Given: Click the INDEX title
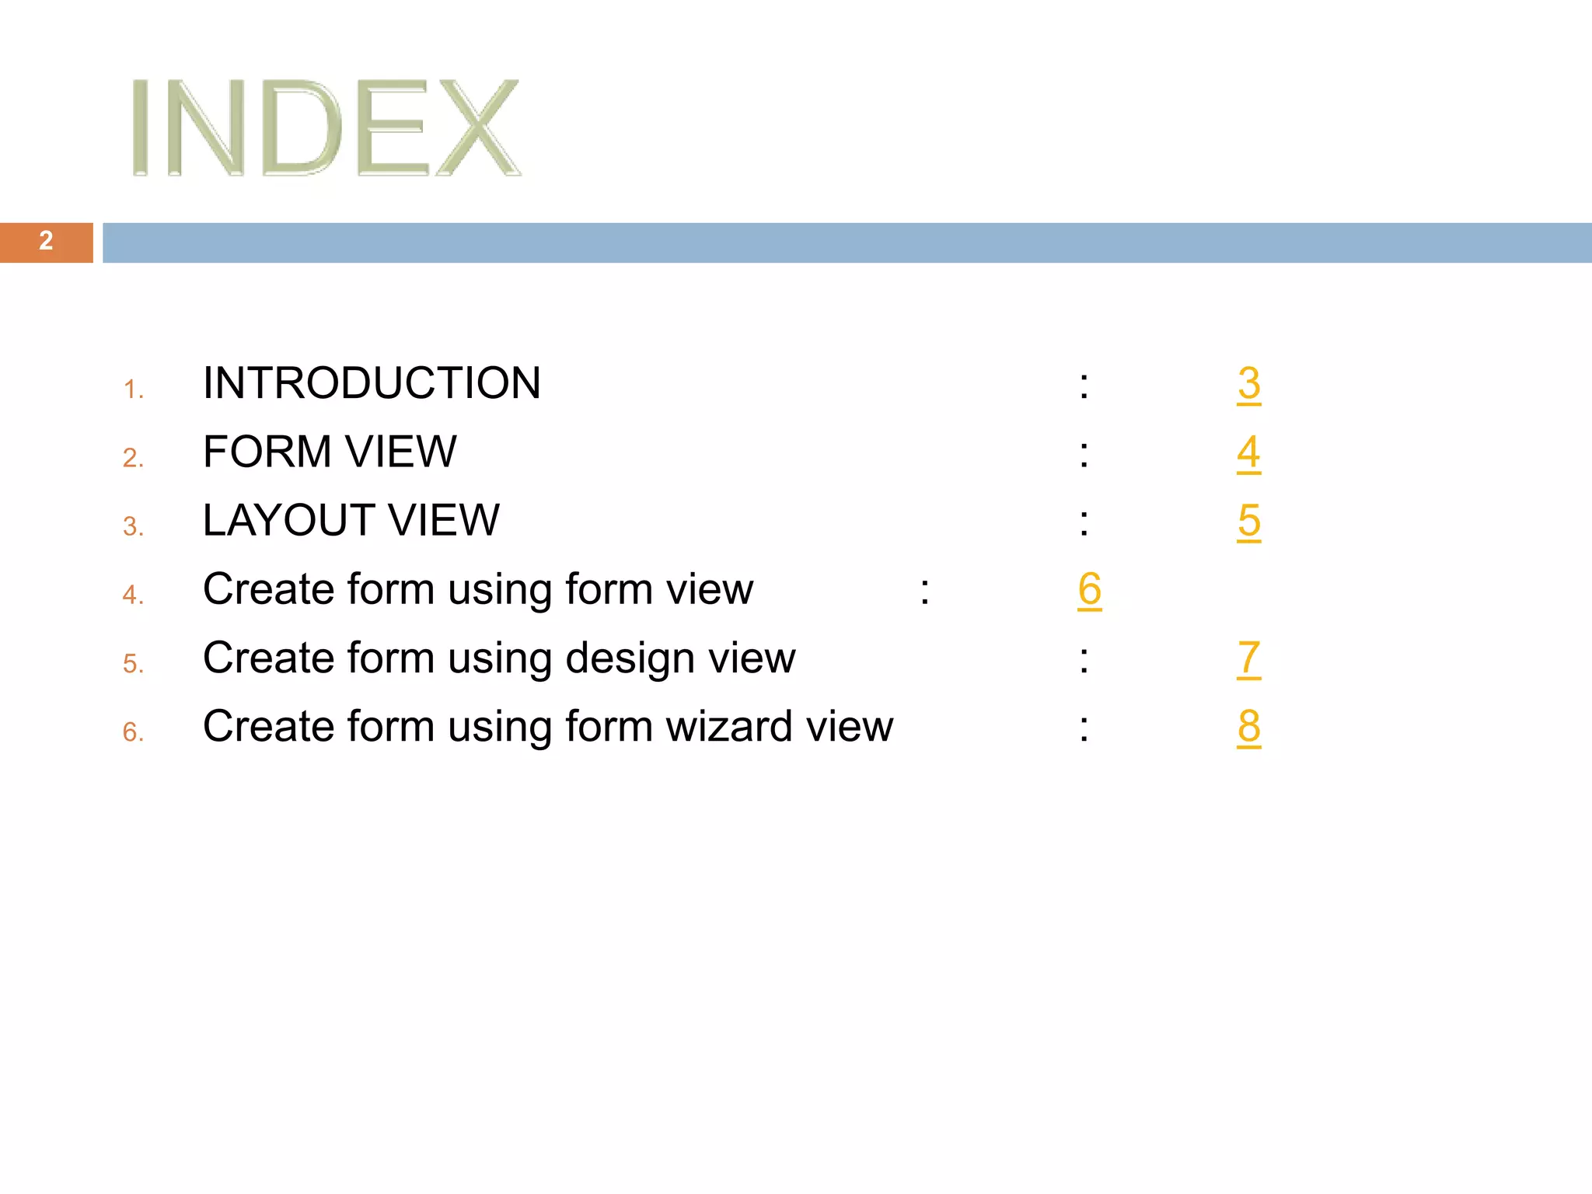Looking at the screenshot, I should [x=325, y=127].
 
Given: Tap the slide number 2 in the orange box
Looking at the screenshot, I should [x=46, y=241].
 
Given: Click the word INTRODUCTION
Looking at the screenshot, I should [x=372, y=383].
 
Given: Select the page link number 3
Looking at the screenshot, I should [x=1248, y=384].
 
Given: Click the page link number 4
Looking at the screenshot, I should [x=1248, y=452].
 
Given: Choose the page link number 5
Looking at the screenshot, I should [x=1248, y=521].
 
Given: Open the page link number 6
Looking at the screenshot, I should [x=1089, y=589].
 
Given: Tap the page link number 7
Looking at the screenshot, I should [x=1248, y=658].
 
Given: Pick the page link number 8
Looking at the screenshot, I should [x=1248, y=727].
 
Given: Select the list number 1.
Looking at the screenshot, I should [x=133, y=389].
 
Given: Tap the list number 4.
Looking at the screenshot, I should [x=133, y=595].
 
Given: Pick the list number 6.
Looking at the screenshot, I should [x=133, y=732].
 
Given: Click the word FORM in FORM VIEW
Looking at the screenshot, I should [x=267, y=452].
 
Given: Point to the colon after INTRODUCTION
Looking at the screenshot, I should [x=1084, y=386].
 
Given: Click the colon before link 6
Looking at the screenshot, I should [x=924, y=592].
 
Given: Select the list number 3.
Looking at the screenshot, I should [x=133, y=527].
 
